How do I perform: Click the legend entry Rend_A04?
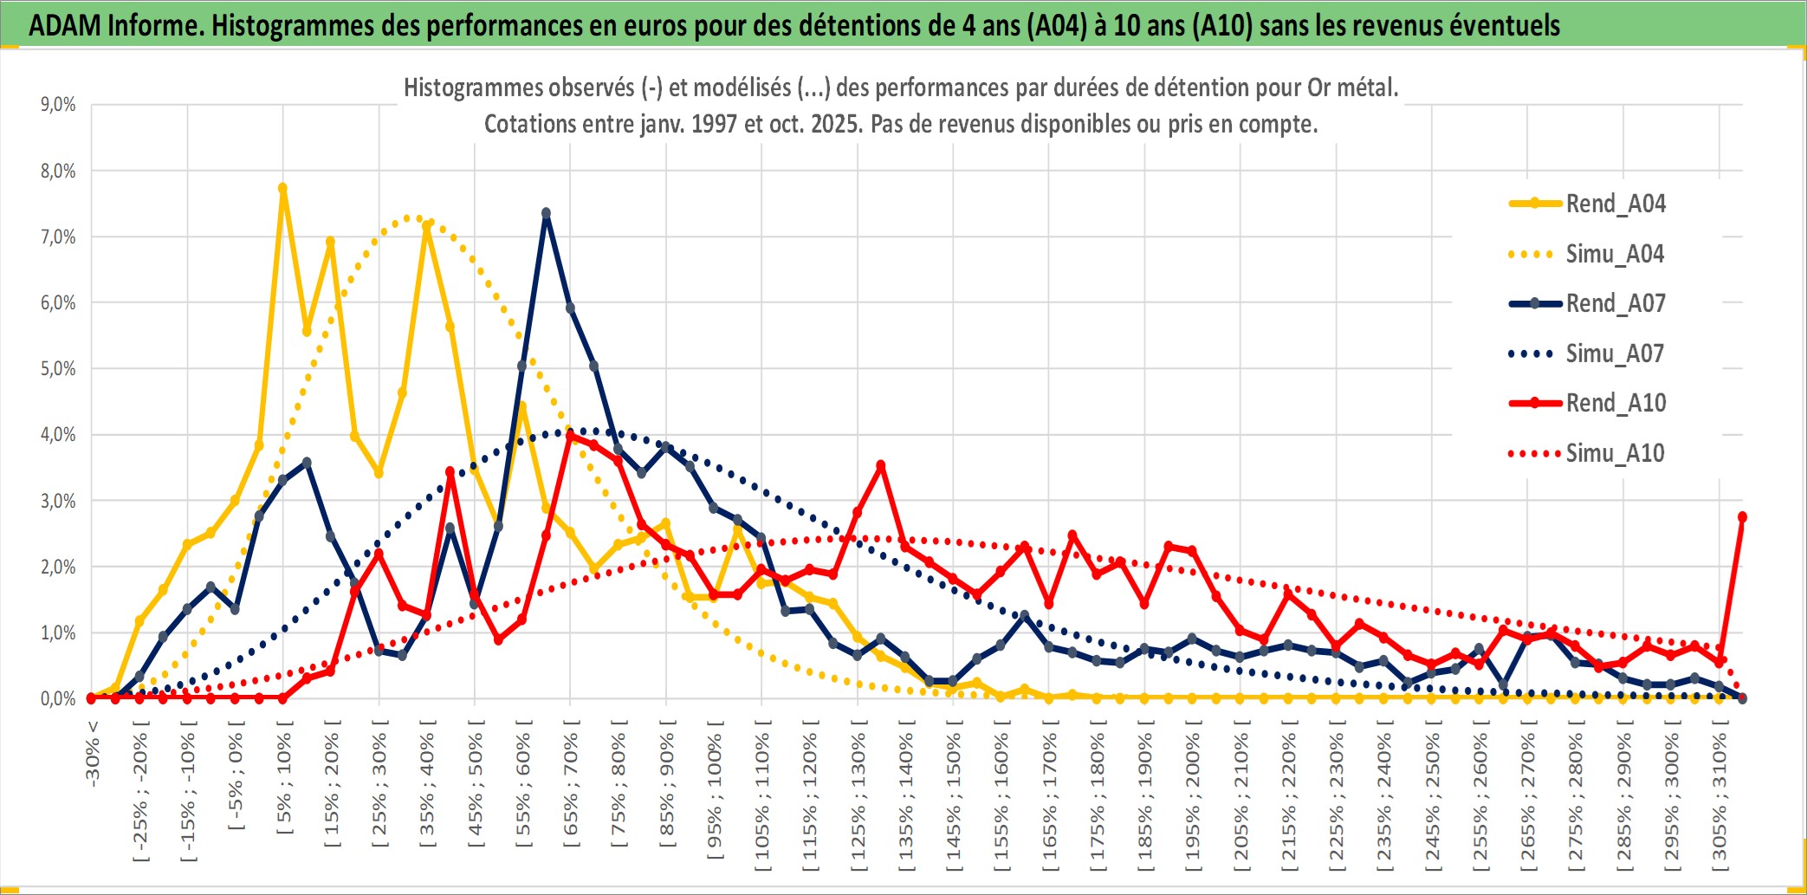[1615, 204]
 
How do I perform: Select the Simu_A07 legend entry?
[1615, 353]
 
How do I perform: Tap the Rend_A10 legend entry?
[1615, 403]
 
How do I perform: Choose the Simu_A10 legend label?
[1615, 453]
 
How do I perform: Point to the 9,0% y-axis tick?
[58, 105]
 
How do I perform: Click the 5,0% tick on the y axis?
[58, 369]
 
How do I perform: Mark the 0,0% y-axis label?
[58, 698]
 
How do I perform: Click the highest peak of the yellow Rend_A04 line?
[282, 187]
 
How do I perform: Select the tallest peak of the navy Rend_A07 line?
[546, 212]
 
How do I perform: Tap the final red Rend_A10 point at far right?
[1742, 516]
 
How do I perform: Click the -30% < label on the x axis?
[93, 754]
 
